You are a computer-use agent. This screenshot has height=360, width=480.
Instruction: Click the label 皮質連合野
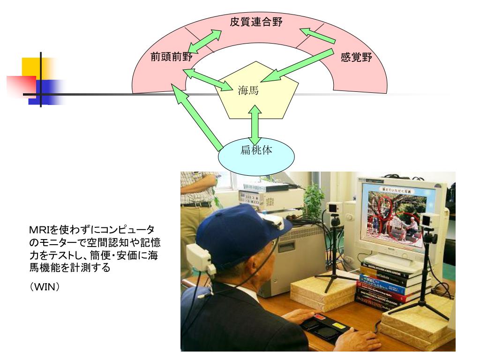(x=256, y=22)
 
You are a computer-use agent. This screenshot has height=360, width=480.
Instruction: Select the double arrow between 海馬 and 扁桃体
(x=255, y=124)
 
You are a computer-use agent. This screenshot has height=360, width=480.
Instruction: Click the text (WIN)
(x=44, y=285)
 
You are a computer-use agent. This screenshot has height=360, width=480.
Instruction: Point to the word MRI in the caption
(x=39, y=230)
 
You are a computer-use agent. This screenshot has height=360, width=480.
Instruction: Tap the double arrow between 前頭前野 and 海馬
(x=206, y=78)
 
